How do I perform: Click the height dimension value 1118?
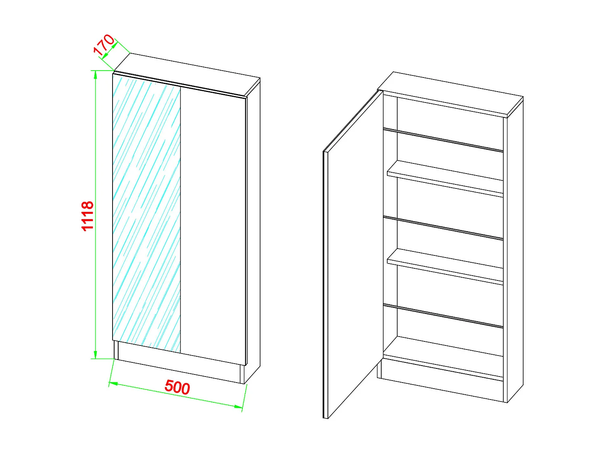[x=88, y=216]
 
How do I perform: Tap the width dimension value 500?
[x=177, y=387]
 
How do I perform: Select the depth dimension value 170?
[x=104, y=44]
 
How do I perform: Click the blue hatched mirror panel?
[x=146, y=214]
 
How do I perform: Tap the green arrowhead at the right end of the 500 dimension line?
[x=238, y=406]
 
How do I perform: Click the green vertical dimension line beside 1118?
[x=96, y=282]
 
